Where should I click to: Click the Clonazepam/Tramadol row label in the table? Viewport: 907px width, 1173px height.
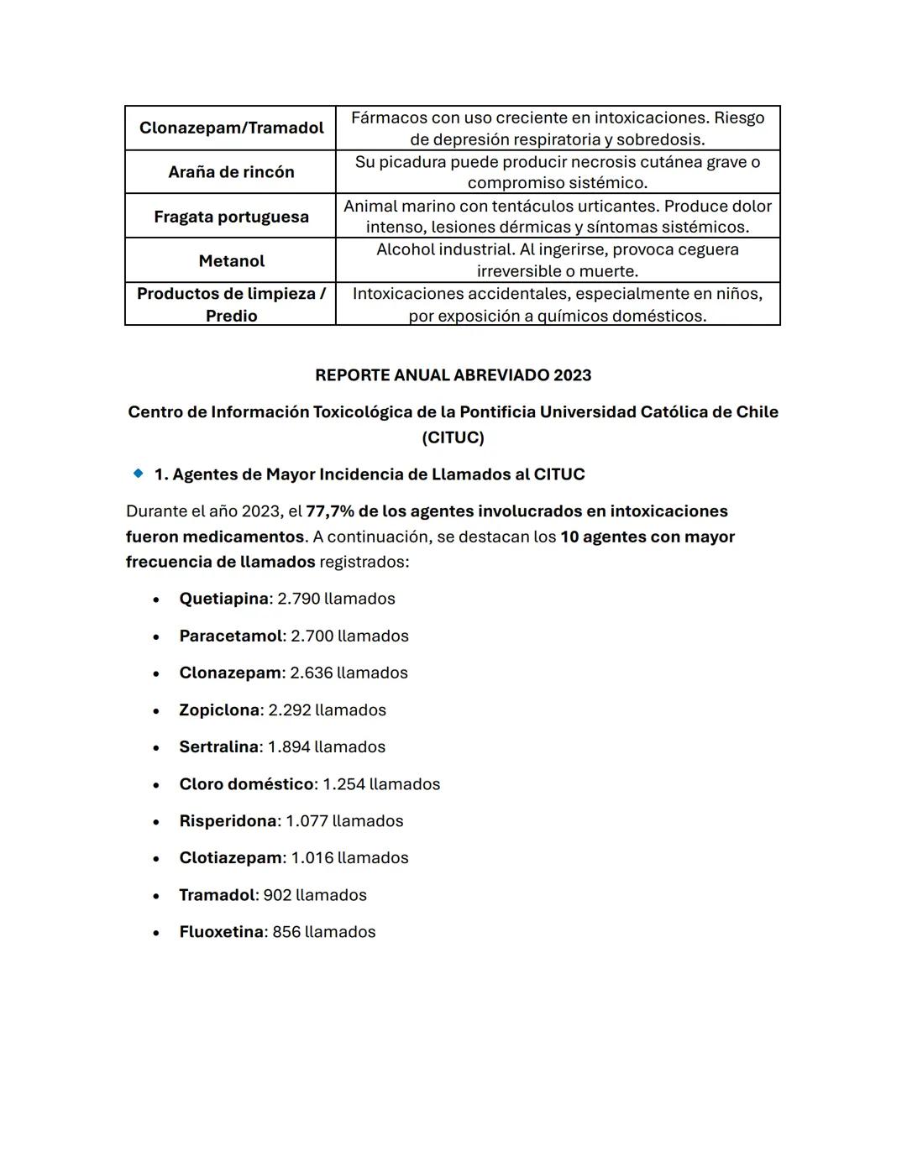click(231, 128)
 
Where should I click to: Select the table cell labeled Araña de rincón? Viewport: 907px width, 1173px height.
click(231, 172)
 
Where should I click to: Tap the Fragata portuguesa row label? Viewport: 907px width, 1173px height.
click(231, 217)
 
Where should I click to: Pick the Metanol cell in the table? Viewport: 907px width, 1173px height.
click(231, 261)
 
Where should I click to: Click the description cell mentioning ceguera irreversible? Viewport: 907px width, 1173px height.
click(558, 260)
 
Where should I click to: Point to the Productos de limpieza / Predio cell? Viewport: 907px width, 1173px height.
click(231, 304)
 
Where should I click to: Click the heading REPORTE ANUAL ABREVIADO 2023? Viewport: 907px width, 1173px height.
click(453, 375)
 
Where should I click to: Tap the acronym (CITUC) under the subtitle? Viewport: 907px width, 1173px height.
click(453, 437)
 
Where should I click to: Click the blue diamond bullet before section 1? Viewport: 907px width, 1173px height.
click(139, 474)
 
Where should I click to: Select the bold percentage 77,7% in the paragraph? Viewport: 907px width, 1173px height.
click(330, 511)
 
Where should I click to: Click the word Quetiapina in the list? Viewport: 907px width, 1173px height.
click(223, 599)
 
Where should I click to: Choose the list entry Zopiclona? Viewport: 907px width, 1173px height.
click(219, 710)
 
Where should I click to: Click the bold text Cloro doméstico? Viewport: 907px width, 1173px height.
click(246, 783)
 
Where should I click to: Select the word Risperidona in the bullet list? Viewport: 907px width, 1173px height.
click(228, 820)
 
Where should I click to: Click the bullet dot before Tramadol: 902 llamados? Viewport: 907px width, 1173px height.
click(156, 896)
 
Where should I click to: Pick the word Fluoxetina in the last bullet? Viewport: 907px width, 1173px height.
click(221, 932)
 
